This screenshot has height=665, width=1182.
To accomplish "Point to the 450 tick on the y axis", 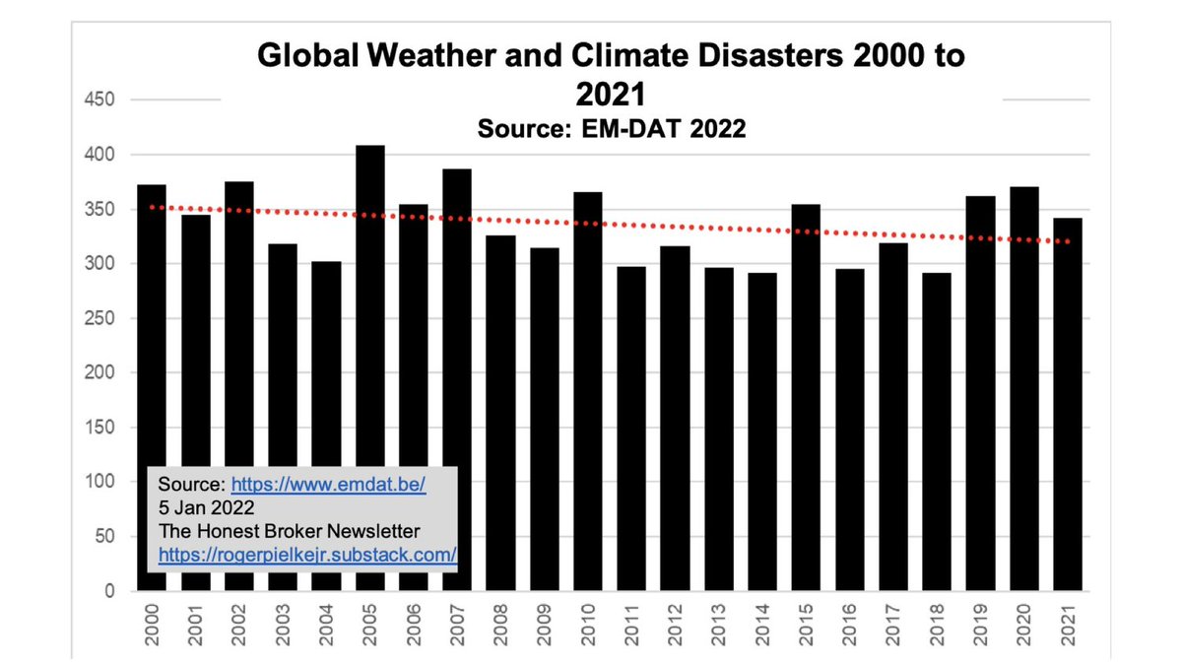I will click(102, 100).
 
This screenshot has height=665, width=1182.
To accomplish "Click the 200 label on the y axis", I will click(102, 372).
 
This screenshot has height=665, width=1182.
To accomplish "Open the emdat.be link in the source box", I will click(328, 486).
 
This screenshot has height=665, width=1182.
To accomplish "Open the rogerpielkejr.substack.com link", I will click(307, 555).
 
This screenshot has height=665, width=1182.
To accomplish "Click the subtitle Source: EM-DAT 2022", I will click(611, 128).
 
